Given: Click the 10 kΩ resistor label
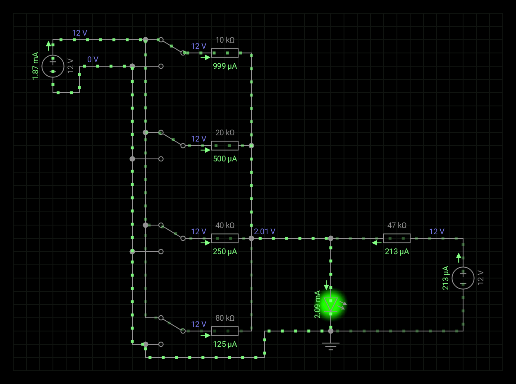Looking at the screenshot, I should [x=225, y=40].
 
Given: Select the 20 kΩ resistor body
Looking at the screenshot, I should [x=225, y=146].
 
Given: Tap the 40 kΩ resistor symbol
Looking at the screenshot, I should [x=225, y=238].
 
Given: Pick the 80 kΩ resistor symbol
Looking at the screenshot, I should [x=225, y=331].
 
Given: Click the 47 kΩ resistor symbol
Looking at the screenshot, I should [x=397, y=238].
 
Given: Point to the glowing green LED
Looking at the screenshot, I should [x=331, y=305].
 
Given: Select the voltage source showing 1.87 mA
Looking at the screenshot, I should [x=53, y=66].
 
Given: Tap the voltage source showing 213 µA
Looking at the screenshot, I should [x=463, y=278].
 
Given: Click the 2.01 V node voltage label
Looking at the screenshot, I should [x=265, y=232].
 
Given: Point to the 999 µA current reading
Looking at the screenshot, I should [x=225, y=66].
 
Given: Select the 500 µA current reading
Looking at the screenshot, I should [x=225, y=158].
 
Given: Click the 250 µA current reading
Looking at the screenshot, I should [x=225, y=251].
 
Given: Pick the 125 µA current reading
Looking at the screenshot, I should [x=225, y=344].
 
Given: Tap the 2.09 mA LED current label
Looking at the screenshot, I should [x=318, y=305].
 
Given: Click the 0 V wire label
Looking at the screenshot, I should [x=93, y=59].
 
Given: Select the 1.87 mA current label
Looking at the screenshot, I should [x=36, y=66].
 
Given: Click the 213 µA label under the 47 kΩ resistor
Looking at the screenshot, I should [x=397, y=251].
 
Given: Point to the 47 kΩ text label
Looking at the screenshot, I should [x=397, y=226].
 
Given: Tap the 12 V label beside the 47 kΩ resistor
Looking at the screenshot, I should [x=437, y=232].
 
